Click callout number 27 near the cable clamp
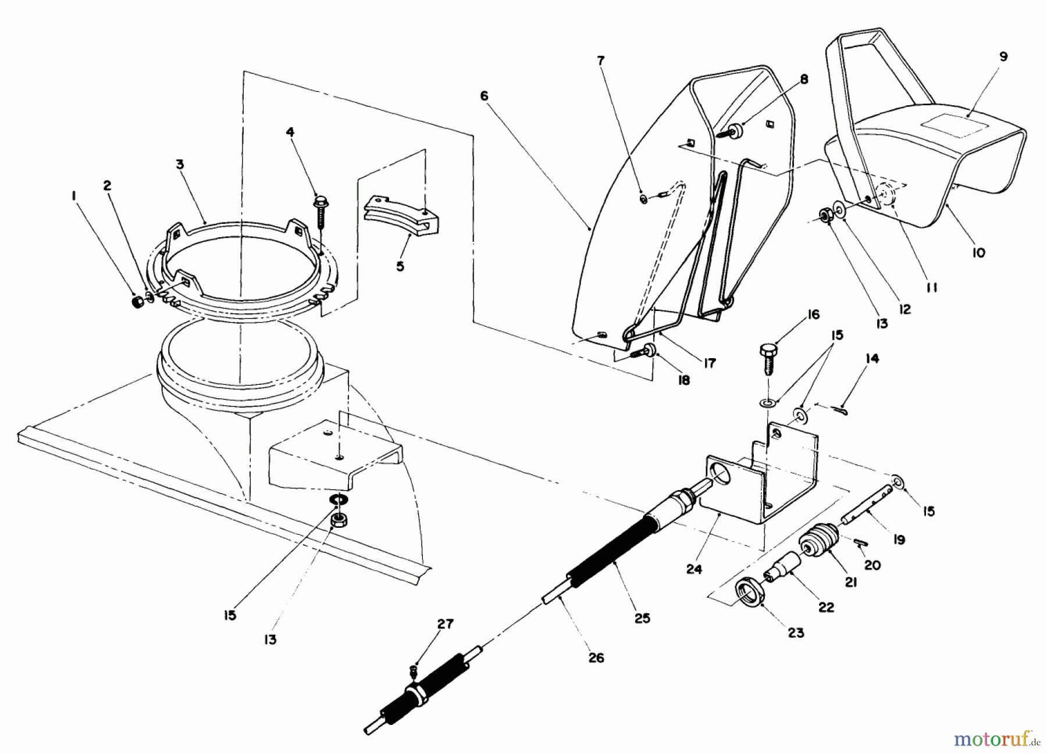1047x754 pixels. tap(446, 624)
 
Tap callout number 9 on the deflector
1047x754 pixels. tap(1003, 57)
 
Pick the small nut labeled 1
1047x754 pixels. tap(138, 303)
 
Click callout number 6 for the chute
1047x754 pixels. tap(484, 96)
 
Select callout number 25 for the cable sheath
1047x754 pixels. tap(642, 618)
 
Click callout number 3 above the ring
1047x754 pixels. tap(180, 165)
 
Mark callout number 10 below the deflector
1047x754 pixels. tap(978, 253)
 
